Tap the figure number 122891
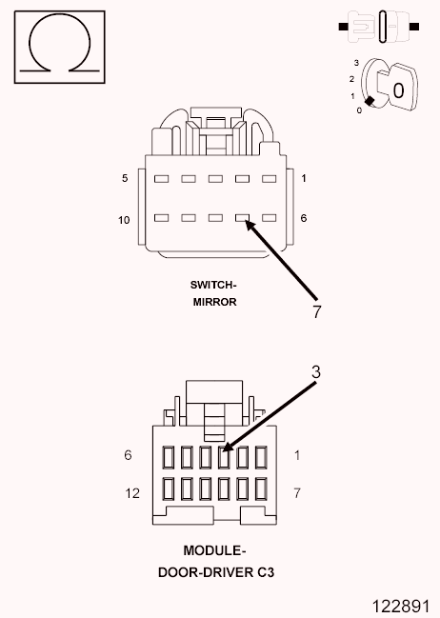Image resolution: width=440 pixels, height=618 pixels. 401,606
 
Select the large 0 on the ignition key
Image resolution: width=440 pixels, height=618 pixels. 399,90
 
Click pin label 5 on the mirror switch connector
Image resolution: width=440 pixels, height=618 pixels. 125,178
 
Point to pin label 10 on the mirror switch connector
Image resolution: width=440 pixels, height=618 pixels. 124,220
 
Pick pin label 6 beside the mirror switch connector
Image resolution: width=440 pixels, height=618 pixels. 304,218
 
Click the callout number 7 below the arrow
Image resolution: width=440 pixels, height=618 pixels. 317,311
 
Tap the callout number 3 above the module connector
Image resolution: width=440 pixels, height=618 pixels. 316,372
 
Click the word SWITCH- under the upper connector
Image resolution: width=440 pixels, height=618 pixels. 213,285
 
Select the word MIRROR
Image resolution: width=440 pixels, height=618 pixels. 215,302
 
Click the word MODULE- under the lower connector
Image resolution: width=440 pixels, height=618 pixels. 214,550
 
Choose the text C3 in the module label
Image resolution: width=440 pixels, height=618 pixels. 266,572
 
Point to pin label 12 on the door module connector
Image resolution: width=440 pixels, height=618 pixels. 132,493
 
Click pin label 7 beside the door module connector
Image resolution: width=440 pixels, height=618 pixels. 297,492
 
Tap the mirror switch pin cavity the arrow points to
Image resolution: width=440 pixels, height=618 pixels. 242,217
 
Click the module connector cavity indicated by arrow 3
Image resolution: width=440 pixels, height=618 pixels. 224,457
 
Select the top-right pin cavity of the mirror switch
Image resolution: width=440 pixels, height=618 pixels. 270,179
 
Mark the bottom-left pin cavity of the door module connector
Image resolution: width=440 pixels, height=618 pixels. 169,488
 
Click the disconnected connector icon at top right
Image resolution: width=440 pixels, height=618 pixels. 378,27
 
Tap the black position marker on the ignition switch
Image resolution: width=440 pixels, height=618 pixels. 370,101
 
